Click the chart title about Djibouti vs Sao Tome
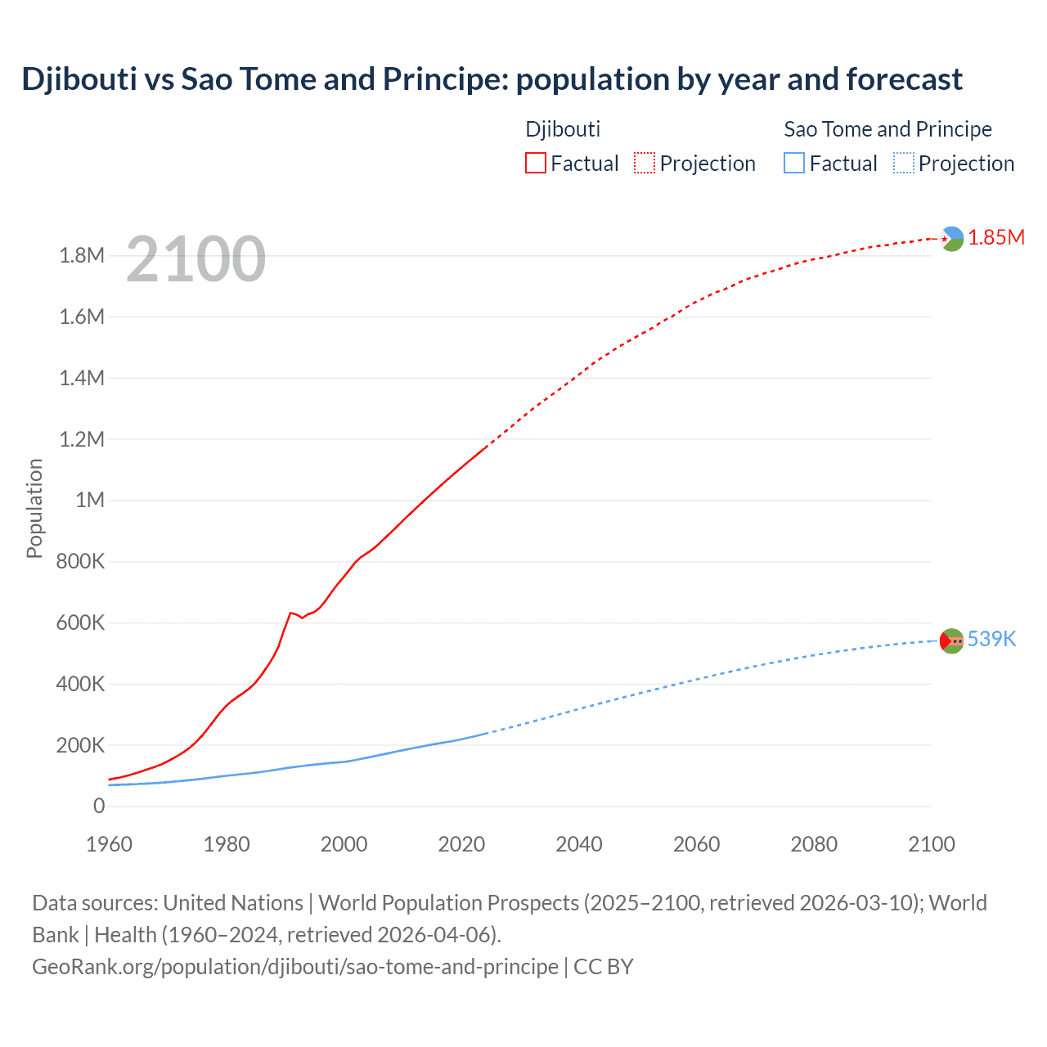click(x=492, y=79)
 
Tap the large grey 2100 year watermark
click(x=195, y=259)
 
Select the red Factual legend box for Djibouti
click(x=535, y=163)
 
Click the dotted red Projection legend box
click(x=645, y=163)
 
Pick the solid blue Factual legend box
click(x=793, y=163)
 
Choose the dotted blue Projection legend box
click(x=904, y=163)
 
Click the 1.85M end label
click(x=995, y=237)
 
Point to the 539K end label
click(x=991, y=639)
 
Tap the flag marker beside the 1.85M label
click(x=952, y=239)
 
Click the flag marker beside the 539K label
click(x=952, y=641)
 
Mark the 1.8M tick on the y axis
click(x=82, y=256)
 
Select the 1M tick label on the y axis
click(x=90, y=500)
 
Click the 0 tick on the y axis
click(x=99, y=806)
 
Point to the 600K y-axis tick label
click(x=81, y=622)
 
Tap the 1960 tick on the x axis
click(x=109, y=844)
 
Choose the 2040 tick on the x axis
click(x=579, y=844)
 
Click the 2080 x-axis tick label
click(x=814, y=844)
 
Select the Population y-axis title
click(x=34, y=508)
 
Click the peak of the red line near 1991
click(x=290, y=612)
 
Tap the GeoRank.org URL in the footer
click(x=294, y=966)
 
